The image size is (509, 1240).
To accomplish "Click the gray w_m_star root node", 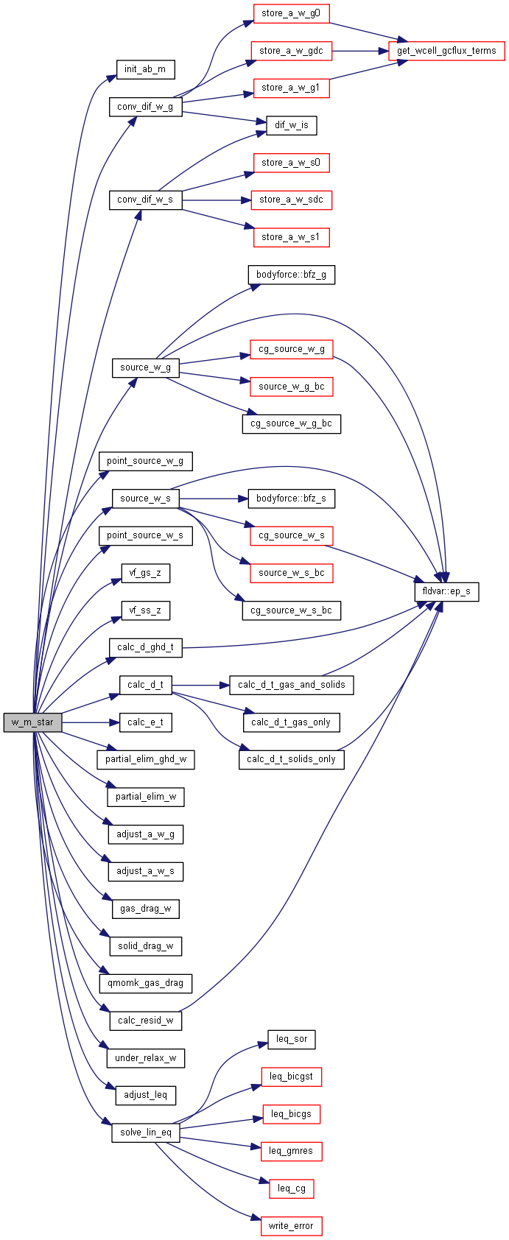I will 32,722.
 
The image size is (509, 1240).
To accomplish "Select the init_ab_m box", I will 145,69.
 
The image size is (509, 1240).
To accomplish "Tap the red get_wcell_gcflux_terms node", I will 446,51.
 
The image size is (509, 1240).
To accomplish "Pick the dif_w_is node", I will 292,125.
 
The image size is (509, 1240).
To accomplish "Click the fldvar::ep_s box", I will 446,591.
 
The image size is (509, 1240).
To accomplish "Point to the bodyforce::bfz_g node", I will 291,275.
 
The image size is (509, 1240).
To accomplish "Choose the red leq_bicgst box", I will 291,1077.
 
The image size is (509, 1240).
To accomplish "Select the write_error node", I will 291,1226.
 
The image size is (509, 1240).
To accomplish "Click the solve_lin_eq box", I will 145,1132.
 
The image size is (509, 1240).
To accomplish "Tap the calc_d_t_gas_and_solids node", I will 291,685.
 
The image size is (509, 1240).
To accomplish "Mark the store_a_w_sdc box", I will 292,200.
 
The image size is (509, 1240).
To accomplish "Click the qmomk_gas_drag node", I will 145,983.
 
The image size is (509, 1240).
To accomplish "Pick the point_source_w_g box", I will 145,461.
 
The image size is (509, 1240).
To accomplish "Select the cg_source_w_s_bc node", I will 291,610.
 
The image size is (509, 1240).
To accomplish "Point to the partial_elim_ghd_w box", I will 145,759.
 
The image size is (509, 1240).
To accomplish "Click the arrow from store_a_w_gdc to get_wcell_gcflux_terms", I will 360,51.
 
